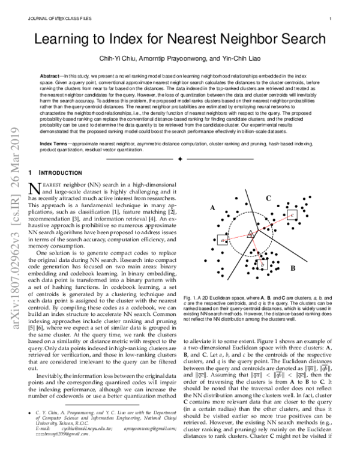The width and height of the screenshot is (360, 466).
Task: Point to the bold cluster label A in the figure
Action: (x=211, y=208)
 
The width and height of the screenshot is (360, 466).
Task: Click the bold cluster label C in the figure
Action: (x=269, y=198)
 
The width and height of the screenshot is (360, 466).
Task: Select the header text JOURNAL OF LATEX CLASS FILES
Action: (x=59, y=19)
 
